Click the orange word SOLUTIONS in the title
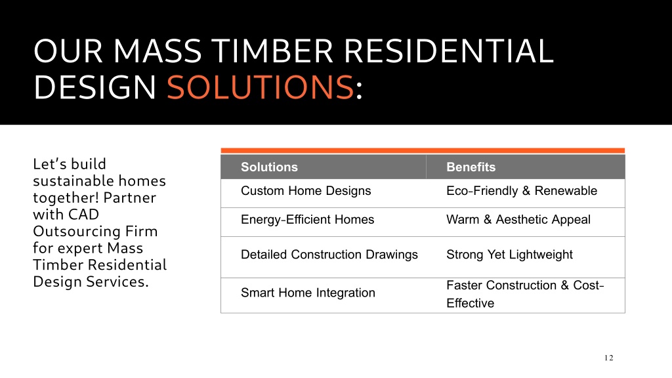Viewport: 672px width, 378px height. [x=260, y=87]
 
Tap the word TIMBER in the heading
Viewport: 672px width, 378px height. [x=272, y=51]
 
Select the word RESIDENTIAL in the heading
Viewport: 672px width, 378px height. [x=449, y=51]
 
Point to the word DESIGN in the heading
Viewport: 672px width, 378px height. [x=94, y=87]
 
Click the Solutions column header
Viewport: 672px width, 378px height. [x=269, y=167]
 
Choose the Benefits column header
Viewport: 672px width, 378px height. [x=471, y=167]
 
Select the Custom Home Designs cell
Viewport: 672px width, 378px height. [x=306, y=191]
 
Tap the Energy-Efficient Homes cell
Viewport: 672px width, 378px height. [x=307, y=219]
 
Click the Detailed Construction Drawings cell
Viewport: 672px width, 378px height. [x=329, y=255]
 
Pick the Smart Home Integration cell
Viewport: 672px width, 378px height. [x=308, y=293]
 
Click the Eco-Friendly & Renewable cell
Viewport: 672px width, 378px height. [x=522, y=191]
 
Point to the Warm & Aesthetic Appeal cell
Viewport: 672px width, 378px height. [x=518, y=219]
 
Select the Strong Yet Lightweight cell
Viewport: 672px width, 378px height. [x=509, y=255]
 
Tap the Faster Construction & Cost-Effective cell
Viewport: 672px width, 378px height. [x=525, y=294]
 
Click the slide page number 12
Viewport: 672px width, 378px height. [x=609, y=358]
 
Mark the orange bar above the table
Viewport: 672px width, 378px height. [x=423, y=150]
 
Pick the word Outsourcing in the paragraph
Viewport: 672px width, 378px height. [x=77, y=232]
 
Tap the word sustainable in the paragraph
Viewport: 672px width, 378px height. [x=73, y=181]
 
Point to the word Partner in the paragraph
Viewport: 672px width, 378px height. [x=130, y=198]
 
